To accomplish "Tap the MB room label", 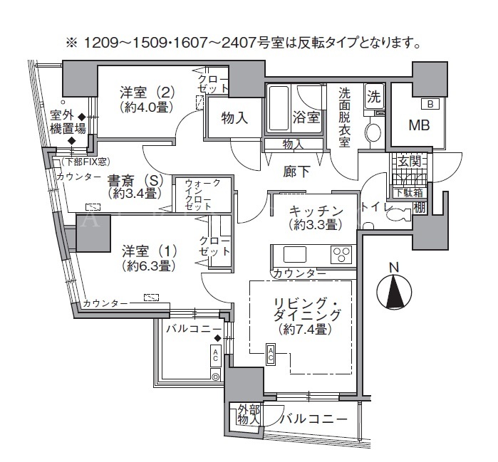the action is point(419,125).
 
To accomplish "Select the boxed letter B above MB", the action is point(430,104).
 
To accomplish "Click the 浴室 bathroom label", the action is point(306,117).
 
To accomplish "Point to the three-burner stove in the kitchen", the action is point(341,254).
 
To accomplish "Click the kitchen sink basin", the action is point(295,254).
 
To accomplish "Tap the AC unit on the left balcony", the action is point(215,355).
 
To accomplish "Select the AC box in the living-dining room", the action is point(271,355).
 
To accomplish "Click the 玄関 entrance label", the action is point(410,162).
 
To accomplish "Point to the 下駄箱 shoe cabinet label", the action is point(410,193).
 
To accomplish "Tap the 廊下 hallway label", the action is point(296,172).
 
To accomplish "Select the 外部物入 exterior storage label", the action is point(249,415).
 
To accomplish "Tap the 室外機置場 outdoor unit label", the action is point(68,122).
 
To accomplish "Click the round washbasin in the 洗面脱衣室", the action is point(373,132).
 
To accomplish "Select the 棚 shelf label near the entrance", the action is point(420,208).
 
